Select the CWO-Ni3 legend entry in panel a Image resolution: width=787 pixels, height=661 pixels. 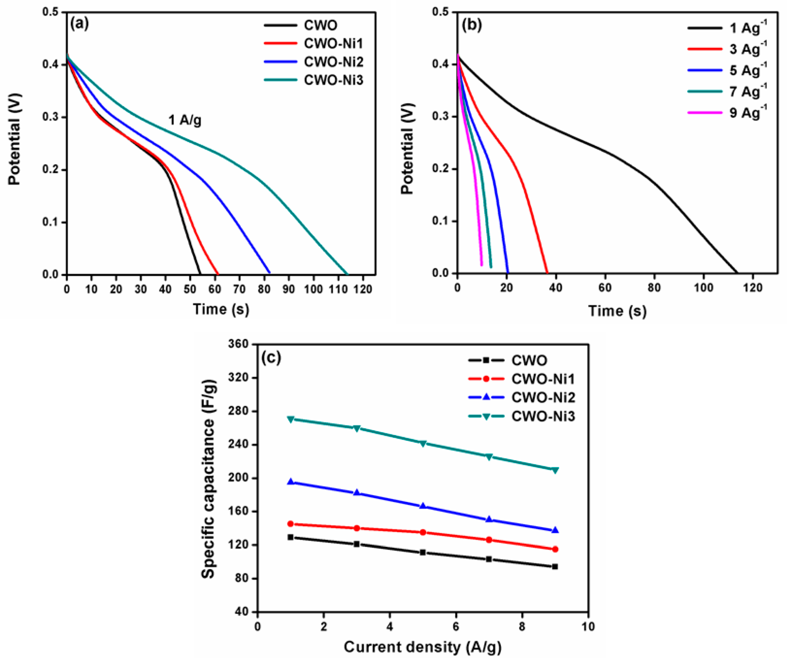(x=333, y=80)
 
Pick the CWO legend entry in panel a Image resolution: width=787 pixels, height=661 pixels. (x=321, y=26)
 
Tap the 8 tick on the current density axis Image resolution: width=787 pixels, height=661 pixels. (x=522, y=627)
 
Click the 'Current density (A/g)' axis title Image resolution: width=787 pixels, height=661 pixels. (x=422, y=647)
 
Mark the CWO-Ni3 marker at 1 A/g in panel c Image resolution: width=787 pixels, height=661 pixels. (x=290, y=419)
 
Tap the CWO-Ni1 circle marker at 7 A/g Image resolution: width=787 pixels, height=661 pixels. (x=489, y=540)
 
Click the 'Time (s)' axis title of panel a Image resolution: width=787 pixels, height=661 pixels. (x=221, y=309)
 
